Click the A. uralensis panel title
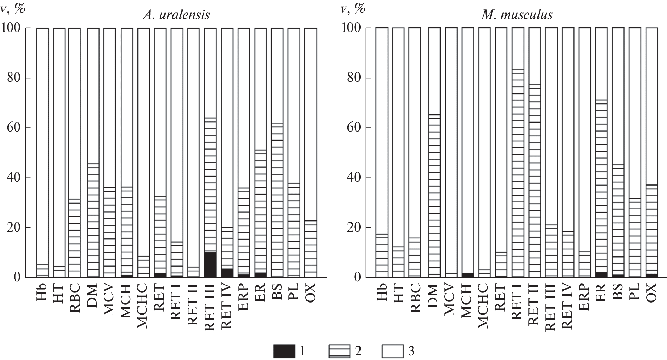176,15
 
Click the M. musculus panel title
517,15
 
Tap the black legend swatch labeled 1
284,352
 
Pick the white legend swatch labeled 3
392,352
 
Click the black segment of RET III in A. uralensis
210,264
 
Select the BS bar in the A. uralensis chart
277,152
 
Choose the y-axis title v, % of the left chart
12,8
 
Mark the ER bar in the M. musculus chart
602,152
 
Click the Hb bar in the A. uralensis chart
42,152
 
